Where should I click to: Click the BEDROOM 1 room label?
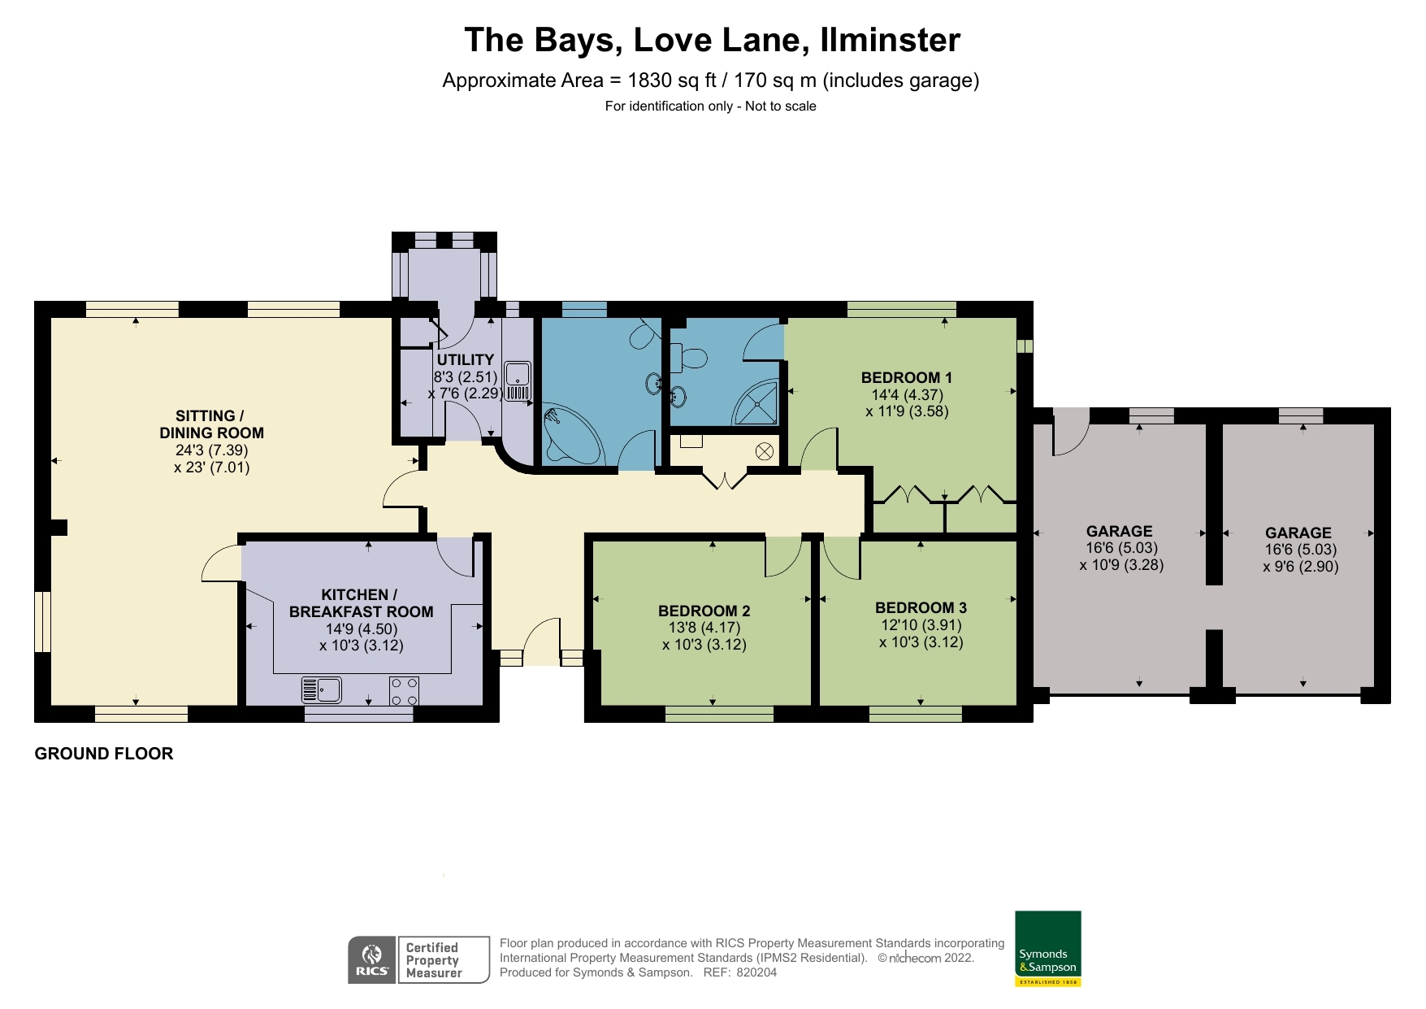click(x=906, y=377)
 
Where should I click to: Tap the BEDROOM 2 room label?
click(x=704, y=611)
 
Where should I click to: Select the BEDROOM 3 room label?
click(x=921, y=607)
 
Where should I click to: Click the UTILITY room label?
click(x=465, y=359)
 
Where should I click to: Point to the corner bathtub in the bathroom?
click(x=571, y=435)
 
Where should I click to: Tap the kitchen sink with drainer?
click(x=322, y=690)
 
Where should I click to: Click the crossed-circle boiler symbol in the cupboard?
click(x=764, y=451)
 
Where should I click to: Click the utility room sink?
click(x=518, y=381)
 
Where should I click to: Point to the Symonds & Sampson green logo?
click(x=1047, y=948)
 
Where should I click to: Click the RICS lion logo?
click(x=372, y=960)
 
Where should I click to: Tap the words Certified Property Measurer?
click(x=434, y=960)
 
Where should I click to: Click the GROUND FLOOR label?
click(x=104, y=754)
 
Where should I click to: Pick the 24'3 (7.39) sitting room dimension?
click(x=211, y=450)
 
